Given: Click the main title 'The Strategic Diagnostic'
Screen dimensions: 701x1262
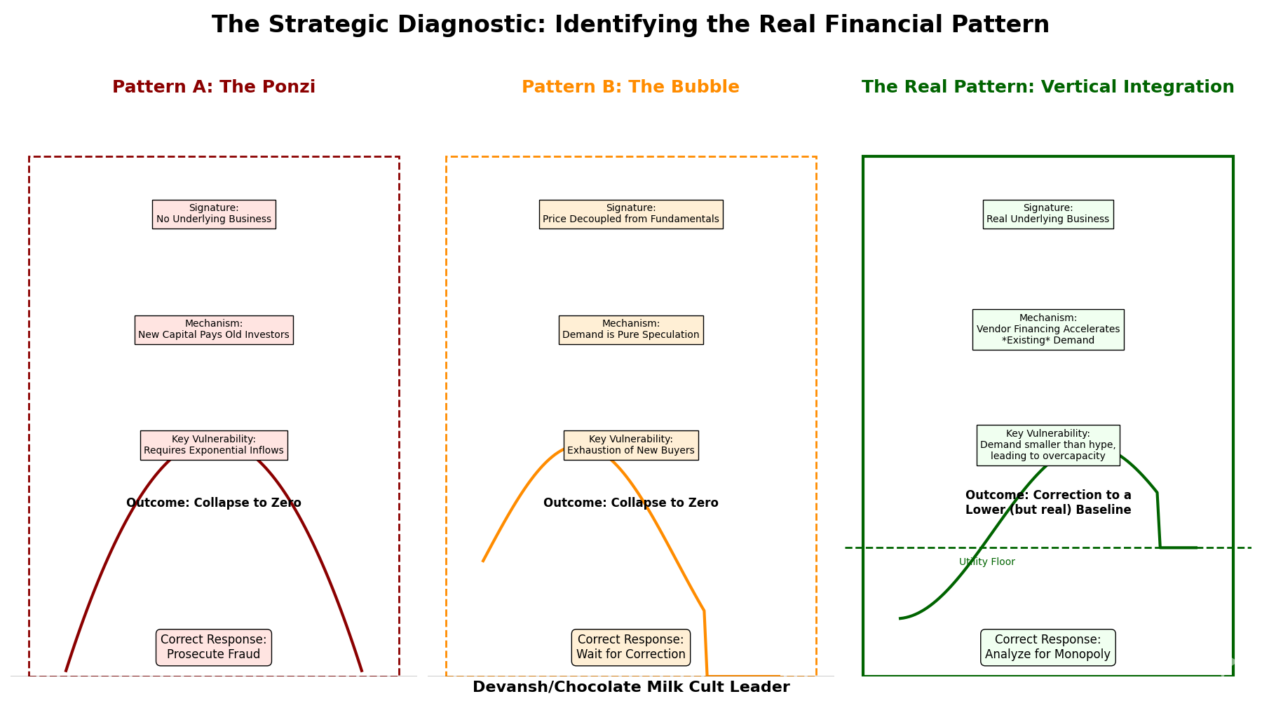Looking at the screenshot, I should pos(630,25).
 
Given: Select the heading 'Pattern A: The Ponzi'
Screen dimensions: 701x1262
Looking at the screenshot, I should pos(214,87).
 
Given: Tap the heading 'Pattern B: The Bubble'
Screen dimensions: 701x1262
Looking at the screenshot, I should pos(630,87).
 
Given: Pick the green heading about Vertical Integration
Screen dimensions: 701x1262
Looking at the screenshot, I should pos(1047,87).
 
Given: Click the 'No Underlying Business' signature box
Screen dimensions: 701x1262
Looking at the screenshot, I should pos(214,214).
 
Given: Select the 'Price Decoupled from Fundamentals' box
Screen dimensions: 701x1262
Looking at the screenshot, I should pos(630,214).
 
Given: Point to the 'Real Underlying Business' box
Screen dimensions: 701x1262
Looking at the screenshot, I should pos(1047,214).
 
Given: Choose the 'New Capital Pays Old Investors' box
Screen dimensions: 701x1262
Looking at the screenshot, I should pos(214,329).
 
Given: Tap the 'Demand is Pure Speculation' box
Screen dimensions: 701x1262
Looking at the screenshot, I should pos(630,329).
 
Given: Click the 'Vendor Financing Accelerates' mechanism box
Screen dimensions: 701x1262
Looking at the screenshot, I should pos(1047,329).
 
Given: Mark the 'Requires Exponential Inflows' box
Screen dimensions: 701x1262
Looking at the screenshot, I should pos(214,445).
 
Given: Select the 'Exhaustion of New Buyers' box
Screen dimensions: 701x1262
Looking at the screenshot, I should pos(630,445).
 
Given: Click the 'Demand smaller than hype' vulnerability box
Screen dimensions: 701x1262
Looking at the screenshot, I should pos(1047,445).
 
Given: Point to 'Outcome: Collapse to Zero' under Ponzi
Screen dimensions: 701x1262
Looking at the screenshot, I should pos(214,503).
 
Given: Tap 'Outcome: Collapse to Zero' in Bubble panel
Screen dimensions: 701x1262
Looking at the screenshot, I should pos(630,503).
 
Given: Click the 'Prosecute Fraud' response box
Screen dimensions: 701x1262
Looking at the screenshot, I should pos(214,647).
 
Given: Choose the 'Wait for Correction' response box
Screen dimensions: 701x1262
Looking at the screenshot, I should pos(630,647).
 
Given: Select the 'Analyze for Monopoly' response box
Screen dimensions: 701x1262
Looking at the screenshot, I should pos(1047,647).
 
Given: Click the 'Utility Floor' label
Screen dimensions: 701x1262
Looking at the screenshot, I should pos(986,562).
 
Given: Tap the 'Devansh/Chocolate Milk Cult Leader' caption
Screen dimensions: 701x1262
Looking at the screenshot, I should pos(630,687).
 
